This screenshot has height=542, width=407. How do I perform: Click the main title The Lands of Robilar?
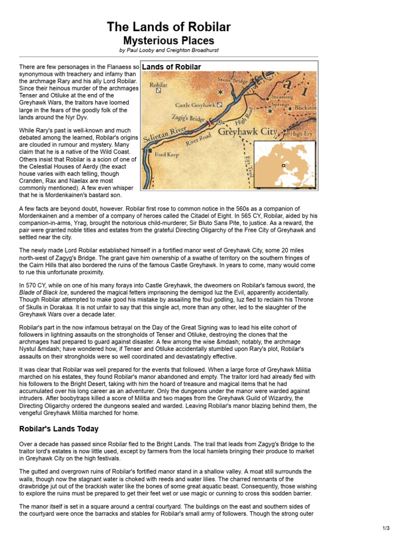(169, 27)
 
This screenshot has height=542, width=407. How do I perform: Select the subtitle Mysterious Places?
(169, 40)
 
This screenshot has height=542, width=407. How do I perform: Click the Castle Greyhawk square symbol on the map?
(219, 105)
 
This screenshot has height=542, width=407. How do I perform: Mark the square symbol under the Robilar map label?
(158, 91)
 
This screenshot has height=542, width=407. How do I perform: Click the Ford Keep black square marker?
(151, 155)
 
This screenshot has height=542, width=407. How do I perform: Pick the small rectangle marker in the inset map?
(284, 165)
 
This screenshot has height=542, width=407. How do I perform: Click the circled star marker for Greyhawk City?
(219, 122)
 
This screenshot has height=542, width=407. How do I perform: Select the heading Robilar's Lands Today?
(59, 429)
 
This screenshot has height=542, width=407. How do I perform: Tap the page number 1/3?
(386, 528)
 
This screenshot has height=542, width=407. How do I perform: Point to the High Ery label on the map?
(301, 134)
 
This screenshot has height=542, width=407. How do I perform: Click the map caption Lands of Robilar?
(172, 67)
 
